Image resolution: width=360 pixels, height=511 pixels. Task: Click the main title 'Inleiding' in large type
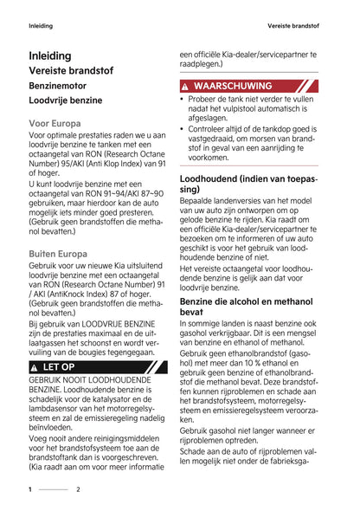tap(50, 55)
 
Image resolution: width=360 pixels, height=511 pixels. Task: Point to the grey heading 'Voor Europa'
tap(55, 124)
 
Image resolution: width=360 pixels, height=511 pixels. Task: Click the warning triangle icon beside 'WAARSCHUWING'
tap(185, 87)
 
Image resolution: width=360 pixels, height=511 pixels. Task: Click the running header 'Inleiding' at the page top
tap(40, 25)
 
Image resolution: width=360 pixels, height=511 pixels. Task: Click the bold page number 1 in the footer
tap(30, 489)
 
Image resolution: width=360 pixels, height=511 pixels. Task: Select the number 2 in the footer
tap(78, 489)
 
